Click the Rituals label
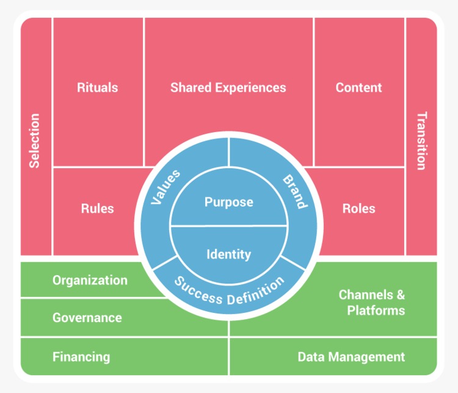click(x=97, y=87)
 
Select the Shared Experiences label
click(x=228, y=87)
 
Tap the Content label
click(x=358, y=87)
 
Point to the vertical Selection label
click(x=35, y=141)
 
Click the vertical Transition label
click(x=421, y=141)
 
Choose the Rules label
click(x=97, y=208)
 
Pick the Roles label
click(x=358, y=208)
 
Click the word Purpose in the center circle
click(x=228, y=202)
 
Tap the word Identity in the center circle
click(x=228, y=254)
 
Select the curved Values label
click(x=165, y=187)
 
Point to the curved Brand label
click(x=294, y=191)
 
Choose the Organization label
click(x=90, y=281)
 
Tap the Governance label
click(x=87, y=318)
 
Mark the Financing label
click(x=81, y=357)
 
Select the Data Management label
click(x=351, y=357)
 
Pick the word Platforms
click(x=376, y=310)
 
